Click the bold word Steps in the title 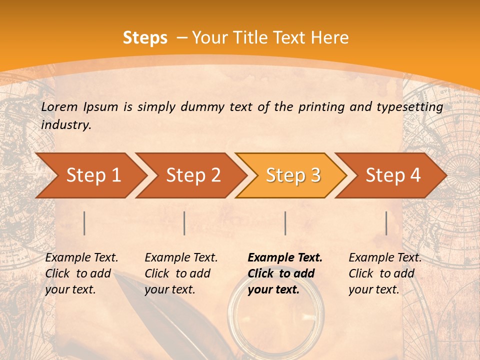point(145,38)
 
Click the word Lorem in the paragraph point(59,106)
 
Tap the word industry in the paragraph point(65,125)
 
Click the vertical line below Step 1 point(84,223)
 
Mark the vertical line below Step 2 point(184,223)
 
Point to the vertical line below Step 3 point(285,223)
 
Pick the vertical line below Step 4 point(386,223)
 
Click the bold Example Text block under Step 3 point(285,273)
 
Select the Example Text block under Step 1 point(81,273)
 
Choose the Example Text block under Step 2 point(181,273)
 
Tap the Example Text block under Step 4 point(385,273)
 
